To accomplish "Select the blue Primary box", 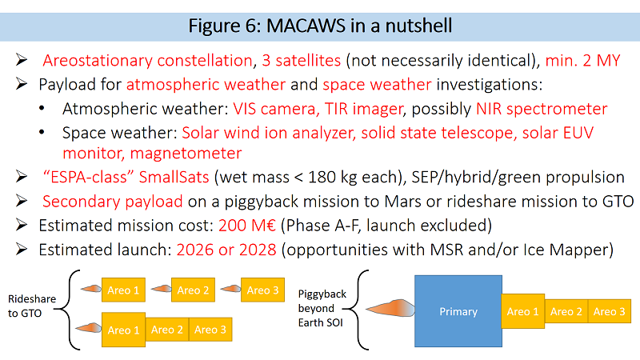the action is tap(458, 311).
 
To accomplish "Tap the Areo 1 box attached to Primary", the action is tap(523, 311).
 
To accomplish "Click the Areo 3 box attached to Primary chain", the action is tap(610, 311).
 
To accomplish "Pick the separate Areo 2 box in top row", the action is tap(193, 290).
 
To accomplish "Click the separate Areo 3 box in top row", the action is tap(263, 290).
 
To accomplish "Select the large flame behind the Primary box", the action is tap(390, 309).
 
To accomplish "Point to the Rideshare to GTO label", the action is tap(32, 306).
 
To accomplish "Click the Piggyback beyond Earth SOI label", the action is tap(322, 308).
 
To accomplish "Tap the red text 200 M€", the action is tap(247, 226).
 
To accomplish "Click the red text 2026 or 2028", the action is tap(226, 250).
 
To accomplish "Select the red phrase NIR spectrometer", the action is tap(542, 109).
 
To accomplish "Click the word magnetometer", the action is tap(186, 154).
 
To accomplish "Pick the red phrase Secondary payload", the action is tap(113, 202).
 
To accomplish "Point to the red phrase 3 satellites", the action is tap(302, 61).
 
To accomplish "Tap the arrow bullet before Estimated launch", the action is tap(22, 249).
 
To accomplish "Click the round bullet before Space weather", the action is tap(42, 132).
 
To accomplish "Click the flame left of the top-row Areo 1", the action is tap(90, 289).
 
